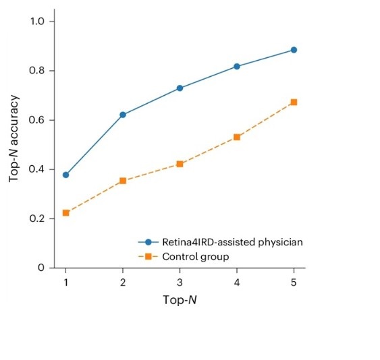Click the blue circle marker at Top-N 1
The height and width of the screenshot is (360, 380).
point(65,175)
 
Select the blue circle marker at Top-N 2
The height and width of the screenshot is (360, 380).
point(123,115)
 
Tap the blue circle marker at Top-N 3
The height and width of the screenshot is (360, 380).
point(180,88)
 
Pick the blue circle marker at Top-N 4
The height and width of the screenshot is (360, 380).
point(237,66)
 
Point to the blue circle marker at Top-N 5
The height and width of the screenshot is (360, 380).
point(294,50)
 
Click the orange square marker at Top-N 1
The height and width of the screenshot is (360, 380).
point(65,213)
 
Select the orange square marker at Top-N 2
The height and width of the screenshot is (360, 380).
point(123,181)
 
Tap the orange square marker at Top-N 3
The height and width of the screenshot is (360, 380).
point(180,164)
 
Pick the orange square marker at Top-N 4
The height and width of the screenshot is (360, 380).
point(237,138)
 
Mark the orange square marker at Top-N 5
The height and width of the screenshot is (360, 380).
point(294,102)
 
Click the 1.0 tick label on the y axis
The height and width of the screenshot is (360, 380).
point(37,22)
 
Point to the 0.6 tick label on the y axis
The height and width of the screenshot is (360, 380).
point(36,120)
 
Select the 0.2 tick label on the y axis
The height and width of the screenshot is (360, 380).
point(37,218)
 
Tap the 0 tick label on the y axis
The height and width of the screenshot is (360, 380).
point(41,268)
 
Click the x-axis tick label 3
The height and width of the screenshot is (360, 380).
point(180,282)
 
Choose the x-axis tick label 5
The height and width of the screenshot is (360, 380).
point(294,282)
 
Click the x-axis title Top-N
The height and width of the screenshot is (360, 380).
point(180,300)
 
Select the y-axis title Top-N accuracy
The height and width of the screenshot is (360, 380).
point(13,138)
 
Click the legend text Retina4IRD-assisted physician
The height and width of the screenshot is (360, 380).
point(232,242)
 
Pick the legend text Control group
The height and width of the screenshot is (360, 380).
point(196,257)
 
